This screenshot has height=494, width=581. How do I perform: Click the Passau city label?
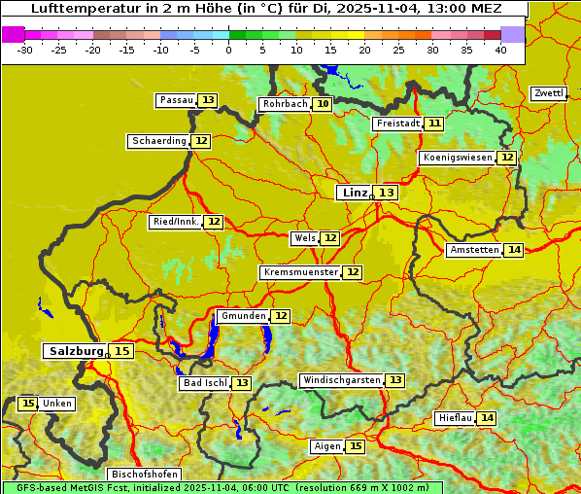[177, 100]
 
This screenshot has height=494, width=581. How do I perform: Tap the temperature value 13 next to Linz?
[387, 193]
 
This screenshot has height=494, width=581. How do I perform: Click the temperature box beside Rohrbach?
[323, 104]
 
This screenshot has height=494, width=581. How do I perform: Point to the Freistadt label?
[397, 123]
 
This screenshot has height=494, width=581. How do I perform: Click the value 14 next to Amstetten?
[514, 250]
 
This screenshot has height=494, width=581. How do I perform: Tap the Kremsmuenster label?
[300, 272]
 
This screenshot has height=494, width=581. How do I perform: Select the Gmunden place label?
[242, 316]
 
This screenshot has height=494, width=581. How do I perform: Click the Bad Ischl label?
[204, 383]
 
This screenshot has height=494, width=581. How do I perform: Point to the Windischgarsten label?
[341, 380]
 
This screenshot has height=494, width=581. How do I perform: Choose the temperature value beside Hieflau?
[487, 418]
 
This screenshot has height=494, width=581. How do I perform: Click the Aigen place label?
[327, 446]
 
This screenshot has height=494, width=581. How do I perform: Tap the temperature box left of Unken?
[27, 404]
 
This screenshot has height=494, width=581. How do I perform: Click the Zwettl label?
[549, 93]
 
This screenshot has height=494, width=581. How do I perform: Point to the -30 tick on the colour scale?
[25, 50]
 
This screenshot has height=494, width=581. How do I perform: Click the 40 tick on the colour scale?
[500, 50]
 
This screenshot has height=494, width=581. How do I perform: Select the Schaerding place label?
[159, 141]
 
